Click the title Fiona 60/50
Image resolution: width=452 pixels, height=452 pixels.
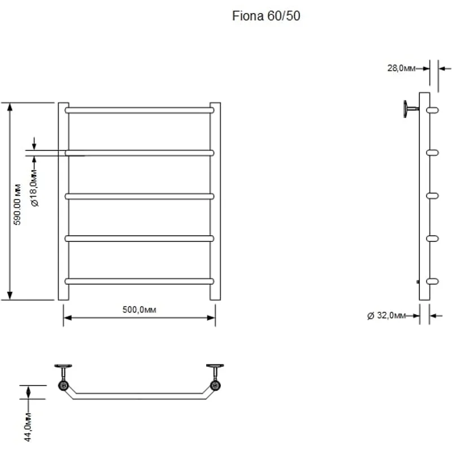(266, 16)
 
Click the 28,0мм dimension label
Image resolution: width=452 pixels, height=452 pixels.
(402, 68)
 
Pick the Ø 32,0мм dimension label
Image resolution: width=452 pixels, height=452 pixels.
(386, 315)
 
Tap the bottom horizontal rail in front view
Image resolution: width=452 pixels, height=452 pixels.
(139, 281)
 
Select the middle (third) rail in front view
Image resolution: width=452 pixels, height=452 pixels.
(139, 196)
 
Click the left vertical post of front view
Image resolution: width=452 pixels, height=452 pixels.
(63, 201)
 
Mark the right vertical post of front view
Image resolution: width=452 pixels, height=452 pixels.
(215, 201)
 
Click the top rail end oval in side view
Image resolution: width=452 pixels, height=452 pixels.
(432, 110)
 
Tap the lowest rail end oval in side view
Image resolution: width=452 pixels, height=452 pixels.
(432, 280)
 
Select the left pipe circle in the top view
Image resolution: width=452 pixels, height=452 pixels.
(63, 386)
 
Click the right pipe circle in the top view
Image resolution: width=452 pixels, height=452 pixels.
(215, 386)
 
